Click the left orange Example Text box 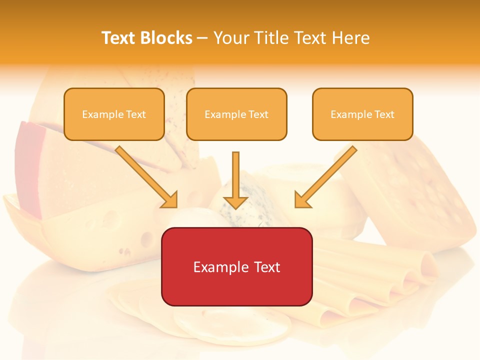coord(114,114)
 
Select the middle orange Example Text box coord(236,114)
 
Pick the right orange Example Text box coord(362,114)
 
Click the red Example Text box coord(236,266)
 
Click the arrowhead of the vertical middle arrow coord(235,202)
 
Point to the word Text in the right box coord(384,114)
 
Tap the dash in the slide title coord(202,38)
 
